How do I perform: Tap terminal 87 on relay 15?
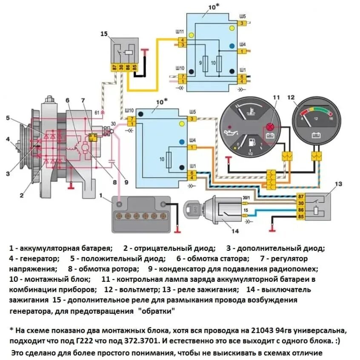coord(114,67)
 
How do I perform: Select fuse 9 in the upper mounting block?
coord(206,64)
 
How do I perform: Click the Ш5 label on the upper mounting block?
coord(242,17)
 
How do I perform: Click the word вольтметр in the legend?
coord(141,290)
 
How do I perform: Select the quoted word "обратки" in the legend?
coord(156,311)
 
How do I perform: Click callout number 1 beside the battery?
coord(100,196)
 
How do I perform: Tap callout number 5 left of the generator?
coord(8,118)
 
